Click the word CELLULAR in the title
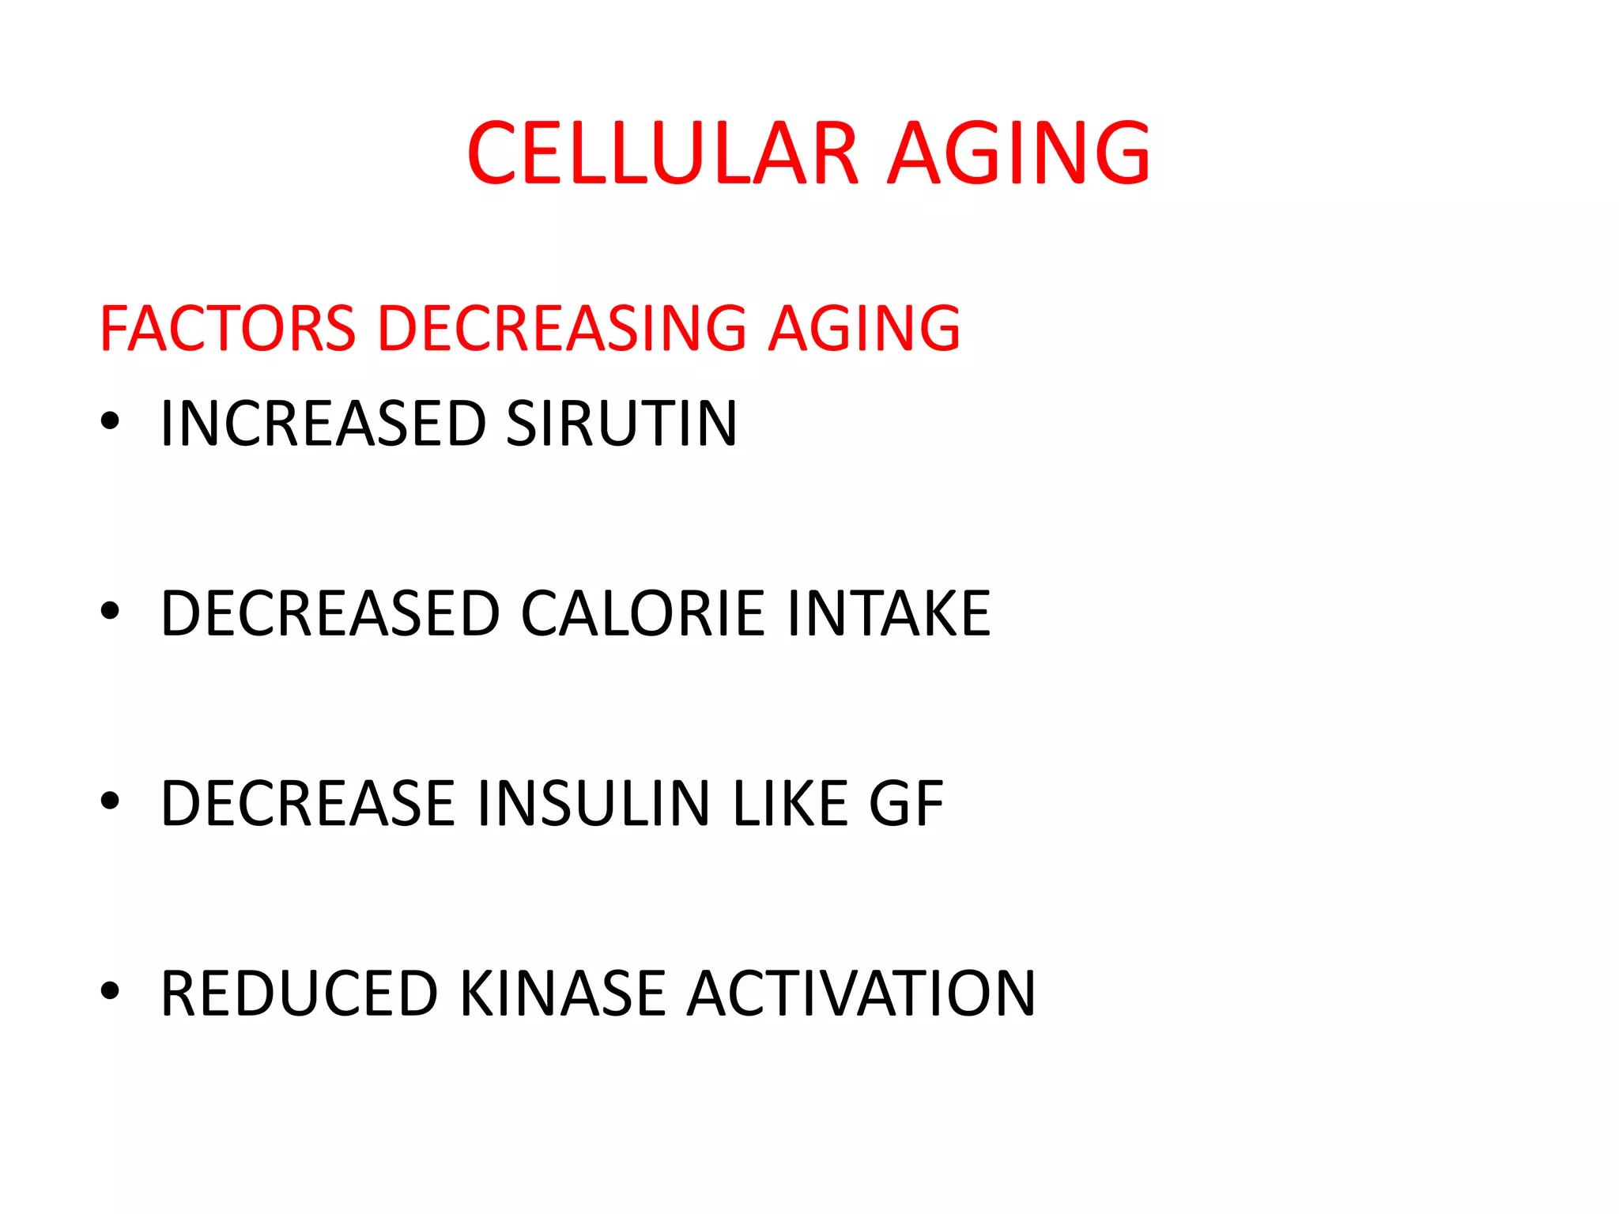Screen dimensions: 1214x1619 (662, 153)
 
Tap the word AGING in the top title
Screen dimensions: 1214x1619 (1019, 153)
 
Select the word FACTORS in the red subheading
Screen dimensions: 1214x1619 (228, 328)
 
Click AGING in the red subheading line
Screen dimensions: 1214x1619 (865, 328)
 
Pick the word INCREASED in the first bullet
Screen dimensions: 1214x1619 (323, 424)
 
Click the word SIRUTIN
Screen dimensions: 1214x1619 (621, 424)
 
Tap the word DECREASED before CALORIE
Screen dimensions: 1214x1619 (330, 613)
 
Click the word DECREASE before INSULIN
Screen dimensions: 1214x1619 (308, 804)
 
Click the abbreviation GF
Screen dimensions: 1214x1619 (906, 804)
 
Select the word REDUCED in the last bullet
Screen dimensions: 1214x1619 (299, 993)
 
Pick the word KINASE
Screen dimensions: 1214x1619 (562, 993)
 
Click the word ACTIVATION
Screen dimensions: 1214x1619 (861, 993)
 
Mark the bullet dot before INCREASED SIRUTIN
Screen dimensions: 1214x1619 (110, 421)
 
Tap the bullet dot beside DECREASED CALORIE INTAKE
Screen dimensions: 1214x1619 (110, 611)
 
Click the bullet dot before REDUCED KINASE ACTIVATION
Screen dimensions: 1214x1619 (110, 990)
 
